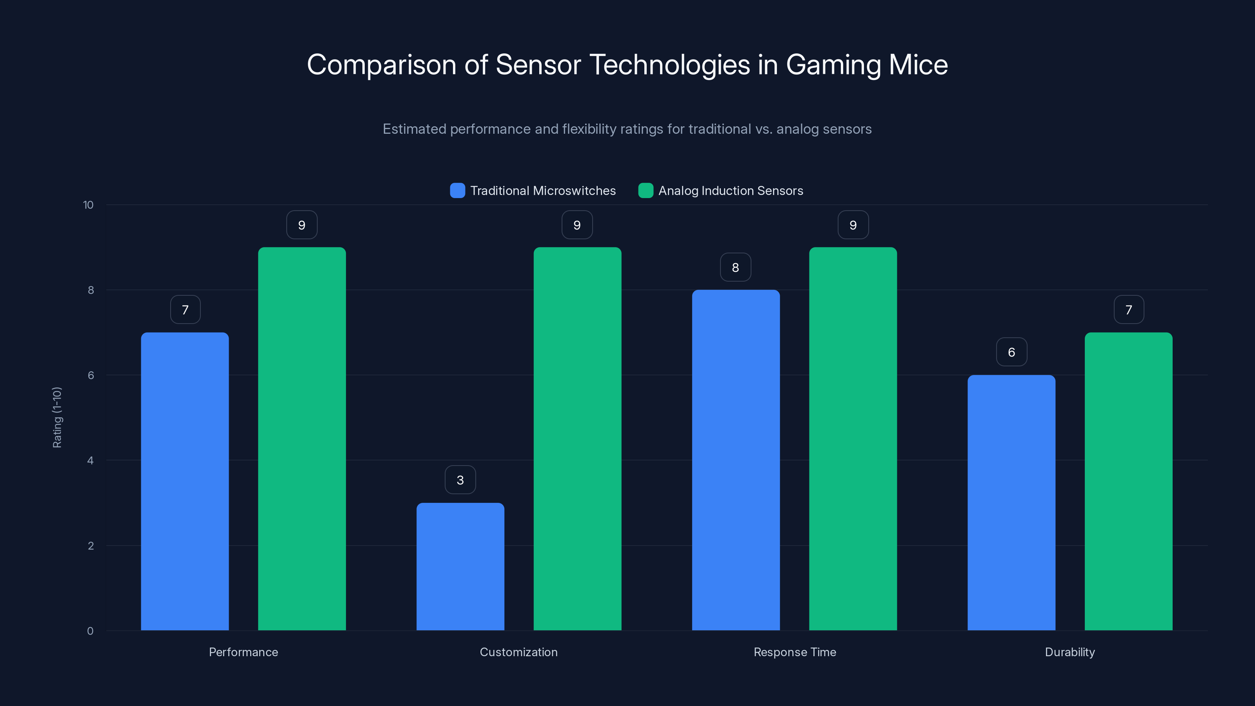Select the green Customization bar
pos(577,439)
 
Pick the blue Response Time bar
pos(736,460)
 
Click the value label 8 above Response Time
pos(736,267)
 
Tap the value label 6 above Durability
pos(1011,352)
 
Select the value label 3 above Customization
pos(460,480)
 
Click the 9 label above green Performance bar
pos(302,225)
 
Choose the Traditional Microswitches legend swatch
pos(457,191)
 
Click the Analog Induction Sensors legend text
pos(730,191)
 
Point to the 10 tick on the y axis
pos(88,205)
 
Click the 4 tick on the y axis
pos(90,460)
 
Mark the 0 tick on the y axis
pos(90,631)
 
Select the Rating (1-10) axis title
pos(57,418)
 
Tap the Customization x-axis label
pos(518,652)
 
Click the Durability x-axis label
pos(1070,652)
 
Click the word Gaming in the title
pos(833,65)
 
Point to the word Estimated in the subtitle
pos(414,129)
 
